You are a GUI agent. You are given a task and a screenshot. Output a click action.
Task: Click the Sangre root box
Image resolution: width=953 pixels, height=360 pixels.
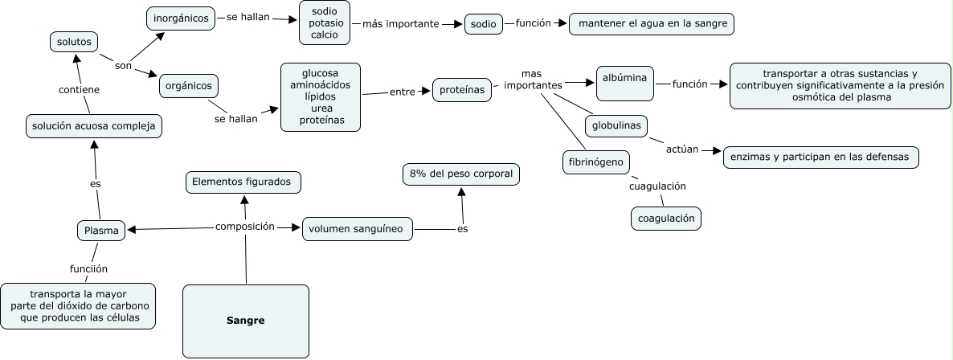[x=246, y=321]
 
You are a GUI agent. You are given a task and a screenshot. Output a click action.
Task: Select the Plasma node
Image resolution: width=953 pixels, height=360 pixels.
[x=102, y=231]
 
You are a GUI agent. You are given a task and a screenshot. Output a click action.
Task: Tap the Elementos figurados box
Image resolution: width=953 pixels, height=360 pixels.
[x=244, y=182]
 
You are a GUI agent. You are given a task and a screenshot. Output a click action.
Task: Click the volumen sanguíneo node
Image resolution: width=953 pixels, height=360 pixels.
[x=358, y=230]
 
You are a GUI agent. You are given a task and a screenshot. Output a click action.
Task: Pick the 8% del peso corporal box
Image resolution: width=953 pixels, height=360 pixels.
[x=460, y=174]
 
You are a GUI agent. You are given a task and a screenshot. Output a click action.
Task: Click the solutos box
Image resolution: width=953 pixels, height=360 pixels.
[x=73, y=40]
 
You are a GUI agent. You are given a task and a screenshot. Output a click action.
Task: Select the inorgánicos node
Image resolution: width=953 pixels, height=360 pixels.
[x=182, y=18]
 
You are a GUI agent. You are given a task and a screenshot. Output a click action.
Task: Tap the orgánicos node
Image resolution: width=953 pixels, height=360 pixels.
[x=188, y=85]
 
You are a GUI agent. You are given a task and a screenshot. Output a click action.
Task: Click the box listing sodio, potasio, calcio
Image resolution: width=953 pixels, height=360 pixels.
[x=325, y=23]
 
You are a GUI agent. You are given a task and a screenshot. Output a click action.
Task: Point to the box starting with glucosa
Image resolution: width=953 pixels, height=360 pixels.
[x=321, y=97]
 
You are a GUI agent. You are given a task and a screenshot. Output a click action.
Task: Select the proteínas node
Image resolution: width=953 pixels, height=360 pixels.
[x=462, y=90]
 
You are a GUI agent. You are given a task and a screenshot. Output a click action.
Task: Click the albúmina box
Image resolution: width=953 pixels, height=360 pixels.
[x=625, y=83]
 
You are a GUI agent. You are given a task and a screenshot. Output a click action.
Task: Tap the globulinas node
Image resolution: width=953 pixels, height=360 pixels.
[x=616, y=126]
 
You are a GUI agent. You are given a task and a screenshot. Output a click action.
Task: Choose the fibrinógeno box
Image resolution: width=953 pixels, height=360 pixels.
[x=595, y=162]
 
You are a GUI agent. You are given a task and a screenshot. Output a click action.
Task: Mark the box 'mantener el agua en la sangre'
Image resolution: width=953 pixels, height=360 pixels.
[x=652, y=24]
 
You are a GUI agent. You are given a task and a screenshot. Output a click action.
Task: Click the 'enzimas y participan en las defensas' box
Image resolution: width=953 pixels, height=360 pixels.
[x=820, y=157]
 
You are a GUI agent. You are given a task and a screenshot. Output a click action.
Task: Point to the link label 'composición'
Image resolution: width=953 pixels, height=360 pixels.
[x=245, y=227]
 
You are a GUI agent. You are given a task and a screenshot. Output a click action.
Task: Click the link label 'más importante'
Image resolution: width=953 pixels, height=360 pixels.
[x=401, y=24]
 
